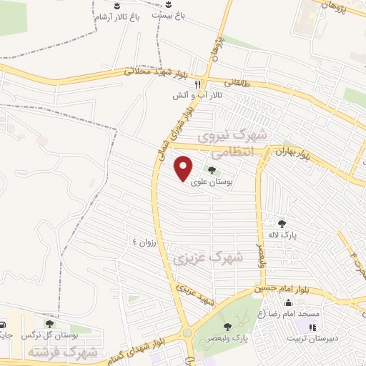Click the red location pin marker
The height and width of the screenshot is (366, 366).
click(184, 168)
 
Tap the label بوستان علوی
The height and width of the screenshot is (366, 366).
click(211, 182)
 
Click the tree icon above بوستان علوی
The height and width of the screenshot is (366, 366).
click(211, 170)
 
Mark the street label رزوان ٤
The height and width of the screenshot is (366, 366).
click(144, 242)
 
